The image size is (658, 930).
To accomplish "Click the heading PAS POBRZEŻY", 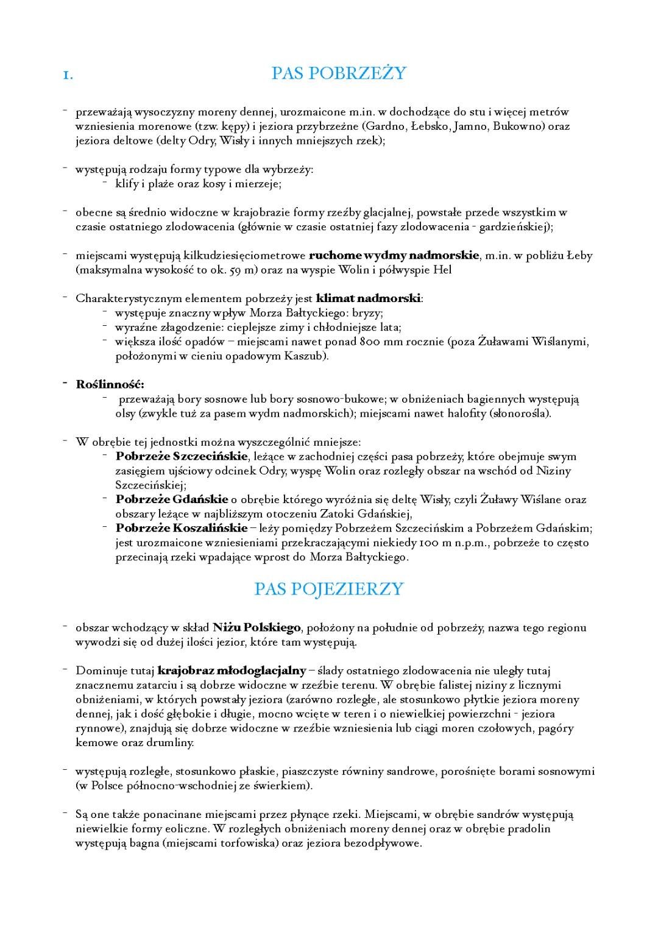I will coord(338,74).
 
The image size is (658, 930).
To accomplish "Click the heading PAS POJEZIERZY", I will coord(328,589).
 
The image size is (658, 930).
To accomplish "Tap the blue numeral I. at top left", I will coord(68,76).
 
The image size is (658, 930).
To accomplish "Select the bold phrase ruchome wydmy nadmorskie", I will coord(394,256).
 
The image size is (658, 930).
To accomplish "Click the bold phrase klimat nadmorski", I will coord(369,298).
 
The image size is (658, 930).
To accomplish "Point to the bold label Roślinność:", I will coord(110,384).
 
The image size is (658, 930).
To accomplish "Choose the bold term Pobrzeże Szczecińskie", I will coord(182,457).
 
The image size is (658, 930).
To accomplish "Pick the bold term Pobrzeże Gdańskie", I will coord(172,499).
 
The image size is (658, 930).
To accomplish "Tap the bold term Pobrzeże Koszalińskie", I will coord(182,528).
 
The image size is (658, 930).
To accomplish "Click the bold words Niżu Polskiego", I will coord(256,627).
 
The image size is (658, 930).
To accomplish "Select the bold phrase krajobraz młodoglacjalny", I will coord(232,671).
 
